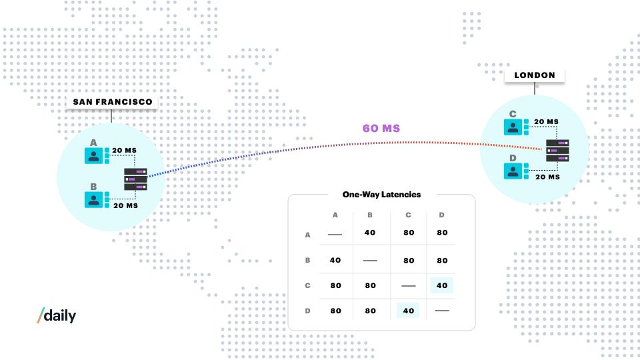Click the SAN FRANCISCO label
click(112, 102)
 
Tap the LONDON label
click(535, 75)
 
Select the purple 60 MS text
click(381, 128)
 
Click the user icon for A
click(93, 155)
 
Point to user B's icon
click(93, 199)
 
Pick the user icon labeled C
click(513, 127)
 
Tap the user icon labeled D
click(513, 171)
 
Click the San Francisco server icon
click(135, 179)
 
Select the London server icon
click(557, 150)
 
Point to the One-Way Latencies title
click(381, 195)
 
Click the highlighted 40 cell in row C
click(442, 286)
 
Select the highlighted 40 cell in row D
click(408, 311)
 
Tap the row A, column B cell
click(370, 233)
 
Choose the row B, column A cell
click(335, 261)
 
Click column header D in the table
click(441, 215)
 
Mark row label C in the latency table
click(308, 286)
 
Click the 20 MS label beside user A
click(125, 151)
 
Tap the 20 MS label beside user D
click(548, 177)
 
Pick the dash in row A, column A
click(335, 235)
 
